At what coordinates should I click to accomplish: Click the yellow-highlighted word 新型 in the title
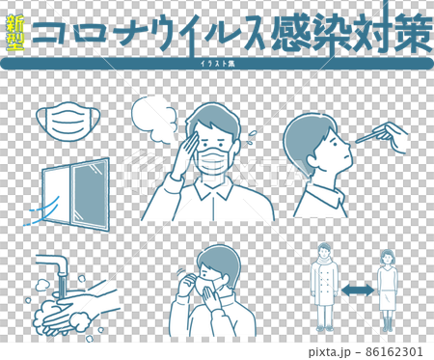coord(15,33)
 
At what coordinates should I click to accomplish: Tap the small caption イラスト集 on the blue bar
coord(217,64)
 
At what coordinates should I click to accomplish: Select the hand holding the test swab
coord(393,137)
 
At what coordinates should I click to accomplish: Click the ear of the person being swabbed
coord(312,160)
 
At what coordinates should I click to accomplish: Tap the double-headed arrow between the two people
coord(358,291)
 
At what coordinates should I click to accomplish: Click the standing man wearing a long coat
coord(324,287)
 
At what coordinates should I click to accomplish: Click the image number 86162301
coord(394,351)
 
